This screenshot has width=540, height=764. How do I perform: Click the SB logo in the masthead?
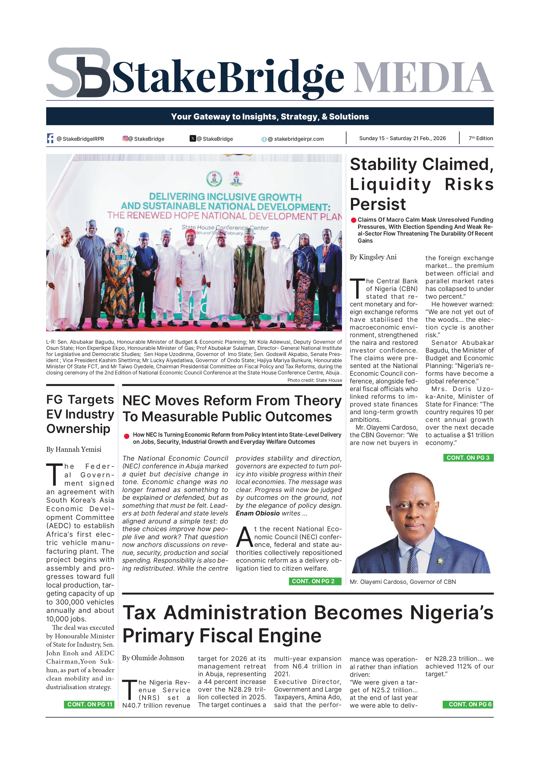[x=79, y=73]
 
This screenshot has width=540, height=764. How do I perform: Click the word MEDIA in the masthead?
[x=423, y=78]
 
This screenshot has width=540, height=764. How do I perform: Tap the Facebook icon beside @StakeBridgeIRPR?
[x=50, y=139]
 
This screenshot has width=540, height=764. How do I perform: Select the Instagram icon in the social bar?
[x=125, y=139]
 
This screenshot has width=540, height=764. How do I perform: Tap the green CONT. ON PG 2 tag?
[x=315, y=581]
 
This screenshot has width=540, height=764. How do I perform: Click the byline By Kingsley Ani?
[x=373, y=257]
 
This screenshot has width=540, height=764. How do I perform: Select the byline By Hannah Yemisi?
[x=74, y=450]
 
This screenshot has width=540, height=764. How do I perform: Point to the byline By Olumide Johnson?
[x=153, y=658]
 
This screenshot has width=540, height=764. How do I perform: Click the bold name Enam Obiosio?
[x=257, y=513]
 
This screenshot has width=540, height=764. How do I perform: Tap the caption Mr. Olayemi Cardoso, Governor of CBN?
[x=403, y=582]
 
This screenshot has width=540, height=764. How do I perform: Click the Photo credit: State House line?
[x=314, y=380]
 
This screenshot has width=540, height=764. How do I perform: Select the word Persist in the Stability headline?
[x=378, y=204]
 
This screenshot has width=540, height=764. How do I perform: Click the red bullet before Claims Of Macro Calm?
[x=353, y=220]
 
